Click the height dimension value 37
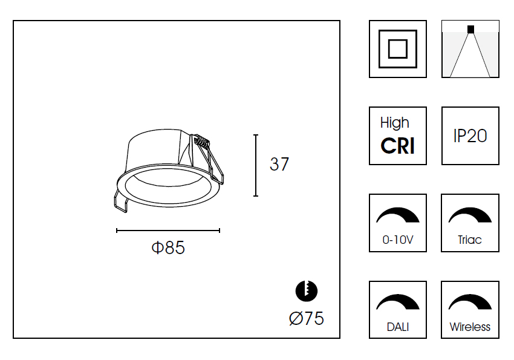279,164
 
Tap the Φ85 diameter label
168,247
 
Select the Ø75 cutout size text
307,318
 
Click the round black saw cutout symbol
307,291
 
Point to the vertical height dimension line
256,165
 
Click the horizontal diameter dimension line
168,231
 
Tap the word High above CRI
395,123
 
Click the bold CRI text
398,146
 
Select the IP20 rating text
470,136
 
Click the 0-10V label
398,240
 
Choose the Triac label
470,240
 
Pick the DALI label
398,327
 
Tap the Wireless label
470,327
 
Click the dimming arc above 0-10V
398,215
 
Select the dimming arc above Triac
470,215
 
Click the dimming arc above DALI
398,302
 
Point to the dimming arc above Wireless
470,302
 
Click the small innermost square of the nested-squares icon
398,49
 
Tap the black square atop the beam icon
470,29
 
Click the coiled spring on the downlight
201,142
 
